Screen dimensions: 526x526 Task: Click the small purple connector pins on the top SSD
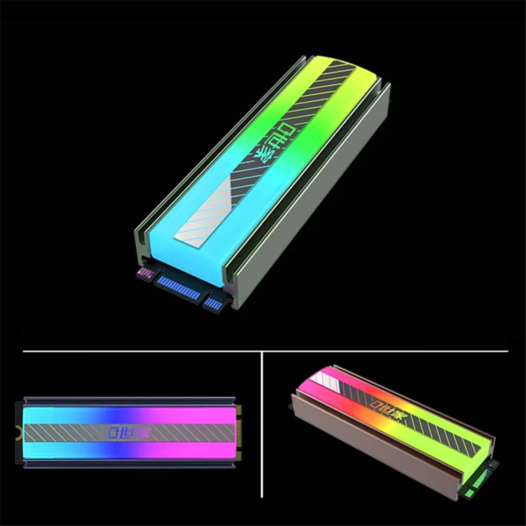tap(144, 274)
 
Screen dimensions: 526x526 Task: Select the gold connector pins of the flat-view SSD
tap(239, 432)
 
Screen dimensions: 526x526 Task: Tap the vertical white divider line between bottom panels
tap(262, 425)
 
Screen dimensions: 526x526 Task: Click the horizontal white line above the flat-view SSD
tap(131, 351)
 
